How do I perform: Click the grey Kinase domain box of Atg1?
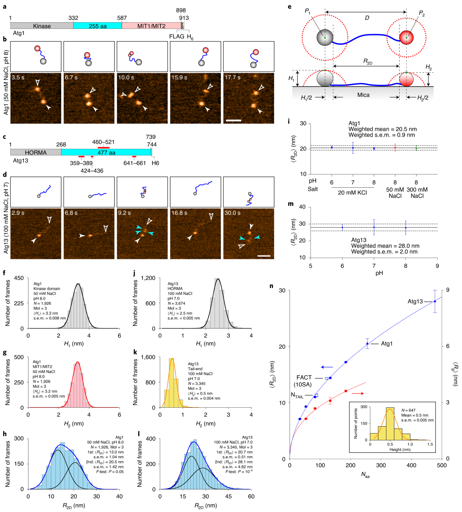(x=42, y=26)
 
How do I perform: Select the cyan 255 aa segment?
(x=97, y=26)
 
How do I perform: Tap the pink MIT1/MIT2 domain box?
(x=151, y=26)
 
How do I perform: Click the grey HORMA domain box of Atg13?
(x=35, y=153)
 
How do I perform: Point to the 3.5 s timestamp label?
(x=18, y=77)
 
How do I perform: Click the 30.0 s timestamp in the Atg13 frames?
(x=233, y=213)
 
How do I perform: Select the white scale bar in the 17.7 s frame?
(x=233, y=120)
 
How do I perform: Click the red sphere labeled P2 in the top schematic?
(x=406, y=38)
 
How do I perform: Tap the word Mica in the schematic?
(x=363, y=95)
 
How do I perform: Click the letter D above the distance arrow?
(x=367, y=18)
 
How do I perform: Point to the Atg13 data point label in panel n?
(x=415, y=302)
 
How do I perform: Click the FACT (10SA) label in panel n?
(x=304, y=381)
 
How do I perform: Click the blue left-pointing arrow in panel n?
(x=327, y=367)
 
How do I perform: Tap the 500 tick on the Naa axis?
(x=442, y=465)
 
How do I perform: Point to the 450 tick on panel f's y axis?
(x=19, y=278)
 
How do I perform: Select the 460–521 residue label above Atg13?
(x=103, y=142)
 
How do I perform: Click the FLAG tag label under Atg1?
(x=177, y=37)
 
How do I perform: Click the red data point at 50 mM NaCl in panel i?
(x=395, y=148)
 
